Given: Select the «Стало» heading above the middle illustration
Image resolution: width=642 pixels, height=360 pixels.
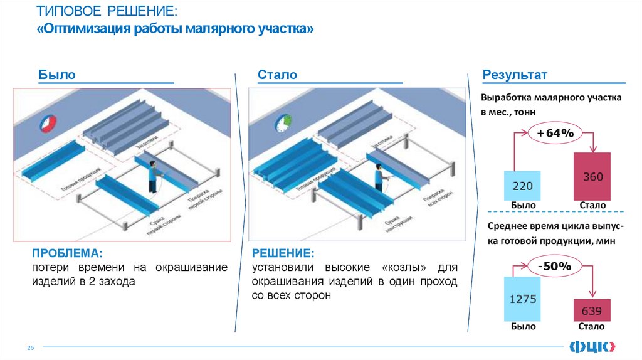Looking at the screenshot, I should (277, 75).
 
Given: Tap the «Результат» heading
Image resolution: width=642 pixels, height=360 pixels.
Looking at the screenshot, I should (515, 75).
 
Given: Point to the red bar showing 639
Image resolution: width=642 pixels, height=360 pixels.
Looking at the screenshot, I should (592, 310).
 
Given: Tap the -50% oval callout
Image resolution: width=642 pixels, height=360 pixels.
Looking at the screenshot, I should (554, 267).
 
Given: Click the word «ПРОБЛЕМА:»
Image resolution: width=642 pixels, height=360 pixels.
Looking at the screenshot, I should (68, 254).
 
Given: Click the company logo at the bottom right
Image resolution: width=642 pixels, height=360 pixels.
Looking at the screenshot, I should (592, 346).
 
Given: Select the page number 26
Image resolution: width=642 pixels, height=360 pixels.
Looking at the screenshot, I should (29, 347).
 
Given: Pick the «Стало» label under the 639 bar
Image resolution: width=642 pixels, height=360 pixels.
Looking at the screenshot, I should (592, 327).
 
